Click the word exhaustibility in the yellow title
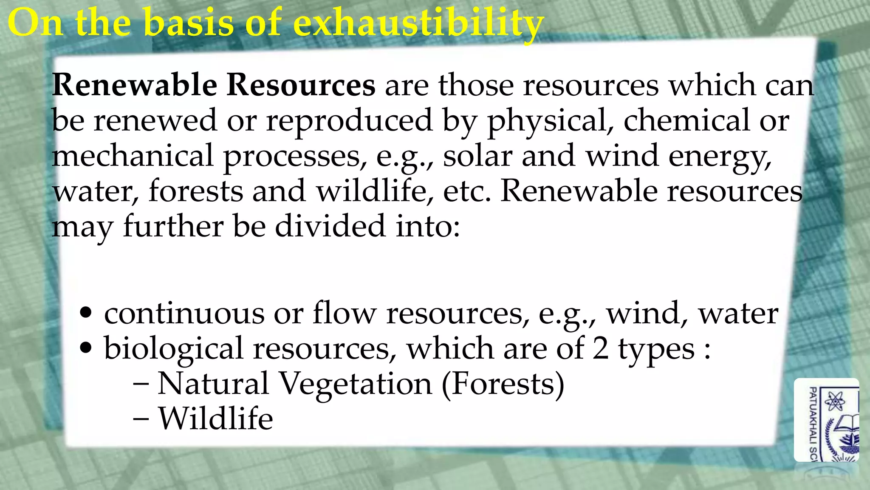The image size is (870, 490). click(418, 23)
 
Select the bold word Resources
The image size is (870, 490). click(301, 85)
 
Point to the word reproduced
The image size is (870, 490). click(349, 120)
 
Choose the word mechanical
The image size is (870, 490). click(133, 156)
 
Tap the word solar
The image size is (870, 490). click(477, 156)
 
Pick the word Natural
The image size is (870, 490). click(213, 384)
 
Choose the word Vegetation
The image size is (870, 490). click(356, 384)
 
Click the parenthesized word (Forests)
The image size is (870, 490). click(503, 384)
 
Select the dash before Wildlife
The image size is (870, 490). click(141, 419)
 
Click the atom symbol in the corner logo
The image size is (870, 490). click(834, 400)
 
